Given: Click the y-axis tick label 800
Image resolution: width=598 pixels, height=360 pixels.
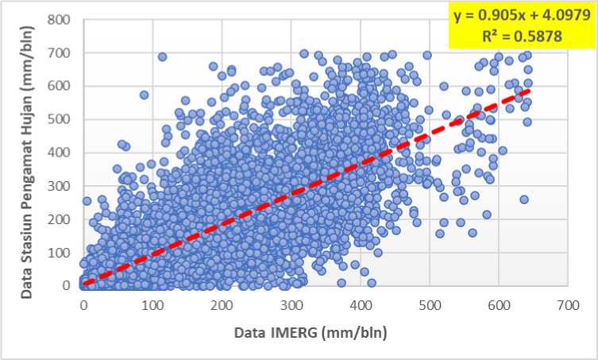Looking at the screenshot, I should pos(62,18).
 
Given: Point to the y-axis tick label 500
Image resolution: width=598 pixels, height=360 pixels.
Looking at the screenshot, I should pos(62,118).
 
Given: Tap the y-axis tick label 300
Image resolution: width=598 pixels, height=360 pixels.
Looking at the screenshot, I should pos(62,185).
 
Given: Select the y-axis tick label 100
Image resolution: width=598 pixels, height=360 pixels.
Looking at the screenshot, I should pos(62,252).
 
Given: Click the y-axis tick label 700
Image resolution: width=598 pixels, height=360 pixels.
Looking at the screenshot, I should pos(62,52).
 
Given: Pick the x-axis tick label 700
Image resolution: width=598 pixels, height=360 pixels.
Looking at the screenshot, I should pos(567,305).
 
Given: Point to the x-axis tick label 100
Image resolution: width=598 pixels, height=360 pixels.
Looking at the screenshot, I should pos(152,305).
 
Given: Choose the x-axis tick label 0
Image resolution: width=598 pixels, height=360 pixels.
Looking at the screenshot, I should pos(83,305).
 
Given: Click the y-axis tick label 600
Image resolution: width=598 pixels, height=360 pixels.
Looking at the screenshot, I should pos(62,85).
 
